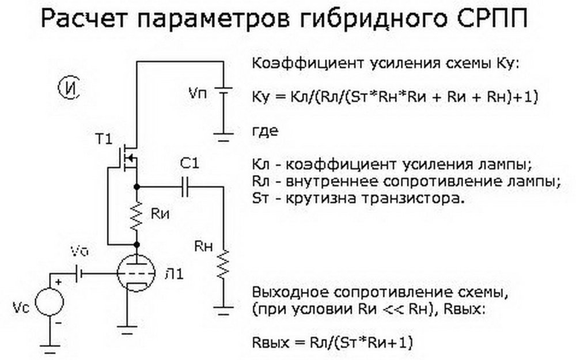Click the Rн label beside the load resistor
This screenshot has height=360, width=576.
203,247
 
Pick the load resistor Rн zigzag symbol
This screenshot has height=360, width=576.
222,264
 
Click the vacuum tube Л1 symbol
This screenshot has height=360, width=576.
137,274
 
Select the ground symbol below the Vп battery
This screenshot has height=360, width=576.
222,137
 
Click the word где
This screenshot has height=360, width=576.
265,131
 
